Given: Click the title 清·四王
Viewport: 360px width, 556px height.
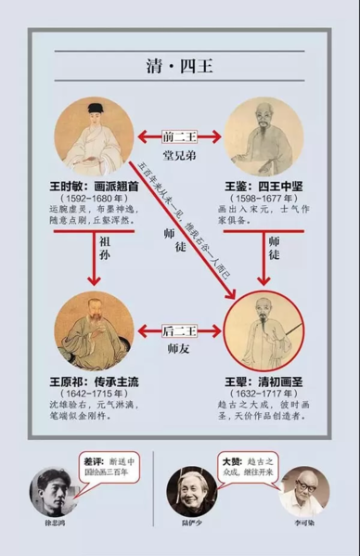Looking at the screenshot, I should (179, 69).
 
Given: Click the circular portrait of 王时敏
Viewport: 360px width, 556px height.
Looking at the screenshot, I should (94, 138).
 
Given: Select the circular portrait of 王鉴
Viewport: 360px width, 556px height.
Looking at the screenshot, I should (264, 138).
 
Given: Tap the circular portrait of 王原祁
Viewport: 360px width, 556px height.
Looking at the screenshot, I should (94, 330).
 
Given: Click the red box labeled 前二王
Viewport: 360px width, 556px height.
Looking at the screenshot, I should (179, 137).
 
